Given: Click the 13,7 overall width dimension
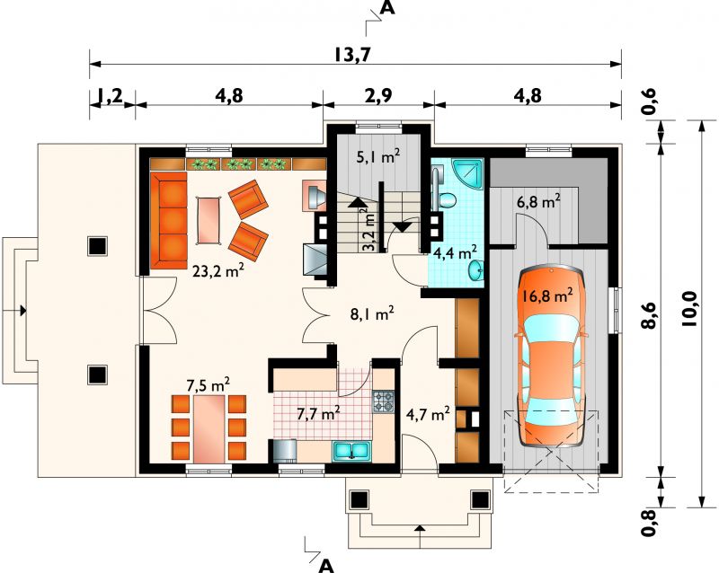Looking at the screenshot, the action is [x=351, y=55].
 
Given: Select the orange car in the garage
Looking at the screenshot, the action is [x=552, y=357].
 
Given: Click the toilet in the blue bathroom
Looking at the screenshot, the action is [x=445, y=200].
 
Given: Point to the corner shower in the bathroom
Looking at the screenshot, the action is [x=467, y=174].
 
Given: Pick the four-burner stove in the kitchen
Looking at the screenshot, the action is [x=384, y=401].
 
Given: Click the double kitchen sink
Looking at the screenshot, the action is [x=351, y=451].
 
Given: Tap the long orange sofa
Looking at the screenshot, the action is [x=169, y=220].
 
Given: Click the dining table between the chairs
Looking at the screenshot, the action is [x=209, y=429].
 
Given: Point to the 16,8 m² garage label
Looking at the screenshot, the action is [x=547, y=295].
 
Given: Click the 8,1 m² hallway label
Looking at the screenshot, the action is [x=371, y=314].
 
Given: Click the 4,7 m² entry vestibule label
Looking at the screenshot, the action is [x=428, y=414].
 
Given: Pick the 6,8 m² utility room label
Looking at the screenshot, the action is [x=538, y=201].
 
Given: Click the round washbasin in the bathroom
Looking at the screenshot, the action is [x=476, y=270].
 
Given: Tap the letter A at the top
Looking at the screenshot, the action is [x=388, y=8].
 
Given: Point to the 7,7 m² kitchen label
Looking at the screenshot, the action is [x=318, y=413].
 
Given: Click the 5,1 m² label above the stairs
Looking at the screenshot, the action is [x=378, y=157].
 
